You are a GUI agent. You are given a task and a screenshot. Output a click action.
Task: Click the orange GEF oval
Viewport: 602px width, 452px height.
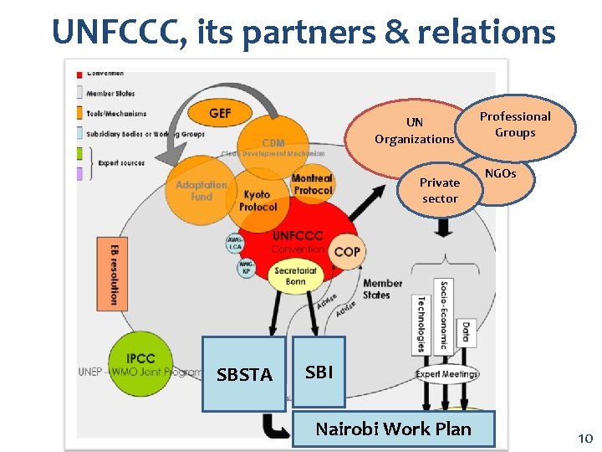click(x=220, y=114)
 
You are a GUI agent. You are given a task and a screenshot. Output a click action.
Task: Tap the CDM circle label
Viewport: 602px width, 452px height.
click(x=273, y=144)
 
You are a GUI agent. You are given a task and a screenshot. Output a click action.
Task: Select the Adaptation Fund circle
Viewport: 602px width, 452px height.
click(x=201, y=191)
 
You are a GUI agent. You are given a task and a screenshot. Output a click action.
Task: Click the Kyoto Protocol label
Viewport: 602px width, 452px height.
click(x=258, y=201)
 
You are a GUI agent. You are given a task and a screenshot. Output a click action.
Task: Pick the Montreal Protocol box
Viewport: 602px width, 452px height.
click(x=312, y=184)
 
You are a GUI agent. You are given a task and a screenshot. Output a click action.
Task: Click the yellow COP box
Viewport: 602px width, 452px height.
click(x=347, y=252)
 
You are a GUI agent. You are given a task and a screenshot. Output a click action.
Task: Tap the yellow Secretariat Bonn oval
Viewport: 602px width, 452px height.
click(x=295, y=276)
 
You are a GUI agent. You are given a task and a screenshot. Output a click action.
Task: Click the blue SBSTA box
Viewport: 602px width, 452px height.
click(x=244, y=374)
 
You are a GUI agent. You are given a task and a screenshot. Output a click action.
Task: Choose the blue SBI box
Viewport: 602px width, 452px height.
click(x=319, y=372)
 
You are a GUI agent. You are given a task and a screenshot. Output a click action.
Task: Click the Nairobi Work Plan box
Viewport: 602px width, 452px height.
click(x=393, y=430)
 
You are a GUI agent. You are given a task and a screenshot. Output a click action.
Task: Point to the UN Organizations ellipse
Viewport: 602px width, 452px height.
click(x=414, y=131)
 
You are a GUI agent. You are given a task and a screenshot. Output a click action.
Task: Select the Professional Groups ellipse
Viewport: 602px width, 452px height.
click(x=515, y=125)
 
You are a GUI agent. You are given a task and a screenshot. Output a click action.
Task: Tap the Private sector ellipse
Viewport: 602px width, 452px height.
click(x=439, y=190)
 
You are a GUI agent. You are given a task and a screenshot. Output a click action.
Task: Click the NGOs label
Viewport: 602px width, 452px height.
click(x=501, y=174)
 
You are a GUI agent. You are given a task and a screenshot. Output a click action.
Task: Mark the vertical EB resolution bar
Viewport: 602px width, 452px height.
click(x=115, y=274)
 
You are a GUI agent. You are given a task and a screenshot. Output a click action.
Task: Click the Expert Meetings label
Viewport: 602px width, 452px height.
click(x=446, y=374)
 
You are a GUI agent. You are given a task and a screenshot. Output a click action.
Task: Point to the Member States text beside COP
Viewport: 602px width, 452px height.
click(x=382, y=289)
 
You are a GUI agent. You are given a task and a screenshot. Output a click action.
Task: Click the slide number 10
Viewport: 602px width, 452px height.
click(x=584, y=439)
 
